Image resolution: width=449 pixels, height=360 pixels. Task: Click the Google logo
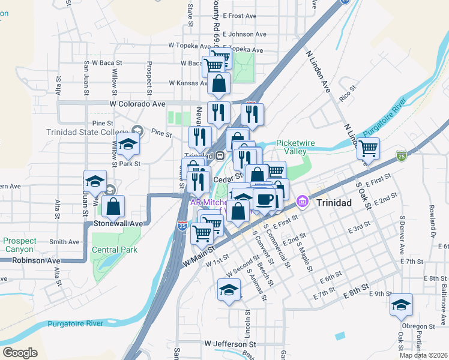[x=20, y=353]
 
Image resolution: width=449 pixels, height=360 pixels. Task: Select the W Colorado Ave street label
[x=137, y=104]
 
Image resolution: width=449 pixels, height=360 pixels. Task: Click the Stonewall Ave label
[x=118, y=223]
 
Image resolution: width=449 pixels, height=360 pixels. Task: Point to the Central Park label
[x=115, y=250]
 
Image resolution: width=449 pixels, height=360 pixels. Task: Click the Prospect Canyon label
[x=20, y=244]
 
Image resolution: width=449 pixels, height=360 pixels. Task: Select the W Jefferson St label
[x=230, y=344]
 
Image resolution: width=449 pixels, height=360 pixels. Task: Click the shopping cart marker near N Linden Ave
[x=368, y=148]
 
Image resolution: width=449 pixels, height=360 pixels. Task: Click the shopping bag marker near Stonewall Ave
[x=113, y=207]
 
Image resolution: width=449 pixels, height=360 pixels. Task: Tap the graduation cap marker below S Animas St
[x=229, y=290]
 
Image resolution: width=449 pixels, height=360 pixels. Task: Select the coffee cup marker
[x=264, y=199]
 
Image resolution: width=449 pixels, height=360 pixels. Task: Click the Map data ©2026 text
[x=423, y=355]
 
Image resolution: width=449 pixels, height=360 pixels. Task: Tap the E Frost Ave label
[x=240, y=16]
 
